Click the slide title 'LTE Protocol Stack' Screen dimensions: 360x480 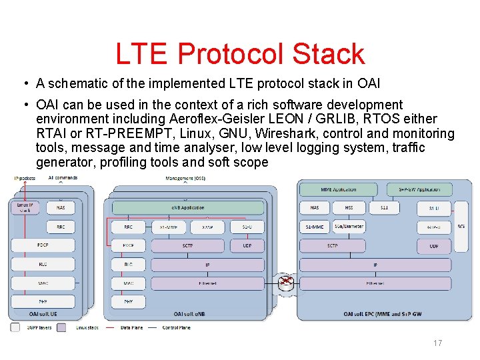coord(240,54)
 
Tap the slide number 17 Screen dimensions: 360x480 coord(437,343)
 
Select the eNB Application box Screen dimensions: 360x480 coord(188,207)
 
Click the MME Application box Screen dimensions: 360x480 coord(339,189)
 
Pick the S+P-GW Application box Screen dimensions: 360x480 coord(419,189)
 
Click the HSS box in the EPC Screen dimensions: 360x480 coord(349,208)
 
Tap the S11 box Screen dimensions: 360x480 coord(384,208)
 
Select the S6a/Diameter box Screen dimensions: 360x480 coord(349,227)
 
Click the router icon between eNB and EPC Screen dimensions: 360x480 coord(285,282)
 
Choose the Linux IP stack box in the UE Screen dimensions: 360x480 coord(24,207)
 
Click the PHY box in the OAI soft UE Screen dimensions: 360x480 coord(43,302)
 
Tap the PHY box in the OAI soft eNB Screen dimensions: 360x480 coord(128,302)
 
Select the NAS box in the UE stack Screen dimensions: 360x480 coord(61,207)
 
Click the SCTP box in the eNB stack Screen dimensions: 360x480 coord(188,245)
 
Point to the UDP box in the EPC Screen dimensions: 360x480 coord(434,246)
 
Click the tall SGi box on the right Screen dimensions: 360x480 coord(461,227)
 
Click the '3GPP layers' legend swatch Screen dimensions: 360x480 coord(15,327)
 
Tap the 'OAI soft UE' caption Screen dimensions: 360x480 coord(43,313)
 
